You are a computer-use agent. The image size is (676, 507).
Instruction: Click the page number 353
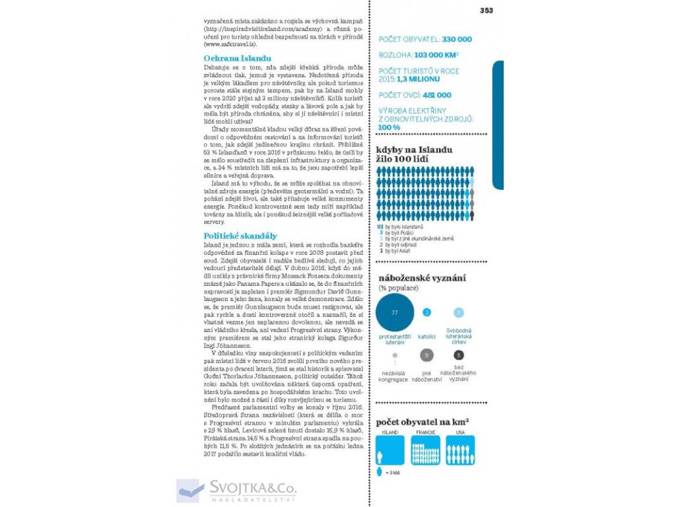coord(486,10)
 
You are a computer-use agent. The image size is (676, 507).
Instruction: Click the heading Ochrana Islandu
coord(228,59)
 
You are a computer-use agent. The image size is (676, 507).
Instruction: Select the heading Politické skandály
coord(240,236)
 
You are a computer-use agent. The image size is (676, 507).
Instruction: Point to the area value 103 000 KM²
coord(436,56)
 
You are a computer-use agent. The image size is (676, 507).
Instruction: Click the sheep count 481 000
coord(433,95)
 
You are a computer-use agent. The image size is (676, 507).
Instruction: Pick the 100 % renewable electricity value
coord(389,127)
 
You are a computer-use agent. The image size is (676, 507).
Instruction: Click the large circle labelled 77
coord(395,312)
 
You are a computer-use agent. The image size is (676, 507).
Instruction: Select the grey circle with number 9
coord(427,355)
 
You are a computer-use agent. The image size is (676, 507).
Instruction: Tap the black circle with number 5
coord(459,355)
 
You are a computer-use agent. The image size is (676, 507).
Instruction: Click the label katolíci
coord(427,337)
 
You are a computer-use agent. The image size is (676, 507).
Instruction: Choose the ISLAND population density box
coord(390,450)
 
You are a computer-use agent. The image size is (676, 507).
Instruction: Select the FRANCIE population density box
coord(425,450)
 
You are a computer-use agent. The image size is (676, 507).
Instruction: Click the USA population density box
coord(460,450)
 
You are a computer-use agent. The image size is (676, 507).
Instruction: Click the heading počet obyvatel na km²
coord(422,422)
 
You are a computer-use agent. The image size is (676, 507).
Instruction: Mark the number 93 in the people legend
coord(380,226)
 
